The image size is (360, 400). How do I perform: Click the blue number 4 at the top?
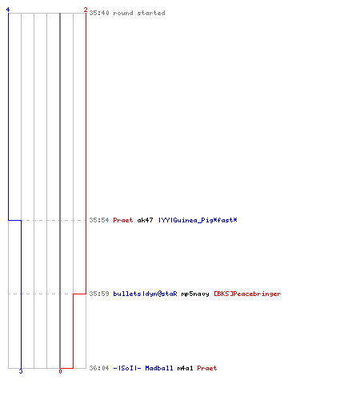[8, 10]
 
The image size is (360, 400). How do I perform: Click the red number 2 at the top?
[86, 10]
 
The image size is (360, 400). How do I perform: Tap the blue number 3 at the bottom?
[21, 371]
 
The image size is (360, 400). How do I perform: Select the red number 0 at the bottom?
[60, 371]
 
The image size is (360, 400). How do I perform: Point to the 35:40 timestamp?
[99, 13]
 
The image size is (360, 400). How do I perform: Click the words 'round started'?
[139, 13]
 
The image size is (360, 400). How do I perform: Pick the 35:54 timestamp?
[99, 220]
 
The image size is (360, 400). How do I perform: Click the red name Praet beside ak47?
[123, 220]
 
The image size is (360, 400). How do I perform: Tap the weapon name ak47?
[145, 220]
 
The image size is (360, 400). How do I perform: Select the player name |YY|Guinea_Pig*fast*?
[198, 220]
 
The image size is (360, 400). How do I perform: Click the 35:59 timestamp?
[99, 294]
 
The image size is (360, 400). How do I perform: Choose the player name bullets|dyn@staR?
[145, 294]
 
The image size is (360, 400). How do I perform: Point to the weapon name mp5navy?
[195, 294]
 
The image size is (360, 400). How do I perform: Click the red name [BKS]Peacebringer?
[247, 294]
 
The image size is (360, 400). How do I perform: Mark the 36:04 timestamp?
[99, 368]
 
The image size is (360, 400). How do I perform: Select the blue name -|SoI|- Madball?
[143, 368]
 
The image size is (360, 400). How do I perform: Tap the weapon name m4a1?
[185, 368]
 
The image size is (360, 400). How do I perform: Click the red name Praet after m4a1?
[207, 368]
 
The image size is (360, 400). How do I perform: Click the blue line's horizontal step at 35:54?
[14, 220]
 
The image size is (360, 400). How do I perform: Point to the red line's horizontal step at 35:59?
[79, 294]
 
